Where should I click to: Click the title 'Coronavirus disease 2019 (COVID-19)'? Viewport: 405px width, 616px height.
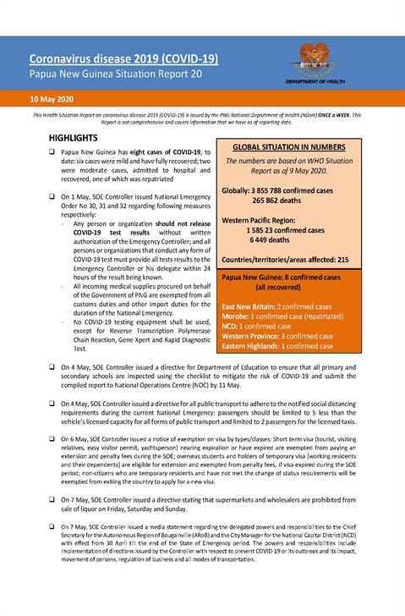point(123,58)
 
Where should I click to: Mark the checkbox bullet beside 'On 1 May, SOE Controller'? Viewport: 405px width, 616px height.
point(52,195)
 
